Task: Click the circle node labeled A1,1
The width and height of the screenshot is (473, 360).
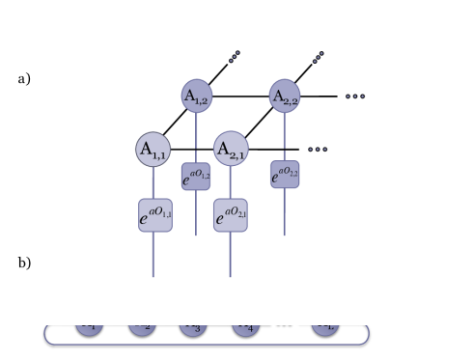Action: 153,149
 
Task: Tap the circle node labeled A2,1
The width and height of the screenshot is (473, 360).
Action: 230,149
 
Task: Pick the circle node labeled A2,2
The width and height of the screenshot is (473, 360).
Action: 284,96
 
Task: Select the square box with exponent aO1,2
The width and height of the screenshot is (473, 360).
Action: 196,176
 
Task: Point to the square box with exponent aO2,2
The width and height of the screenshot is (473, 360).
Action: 285,174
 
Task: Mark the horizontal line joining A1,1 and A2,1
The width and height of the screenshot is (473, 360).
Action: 191,149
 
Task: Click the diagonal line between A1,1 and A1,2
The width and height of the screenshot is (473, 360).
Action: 174,123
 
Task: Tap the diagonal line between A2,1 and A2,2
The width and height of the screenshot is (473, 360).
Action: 257,123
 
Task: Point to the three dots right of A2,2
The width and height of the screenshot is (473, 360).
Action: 355,96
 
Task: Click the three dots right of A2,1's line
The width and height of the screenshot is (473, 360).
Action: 317,149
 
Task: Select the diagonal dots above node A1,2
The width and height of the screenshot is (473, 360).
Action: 234,58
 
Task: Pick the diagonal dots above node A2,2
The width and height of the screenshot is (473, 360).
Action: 319,58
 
